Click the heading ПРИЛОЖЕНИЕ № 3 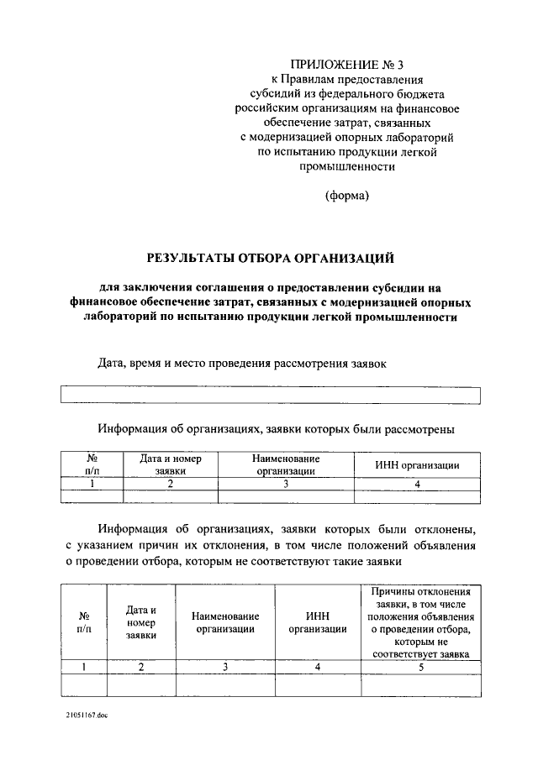[x=346, y=65]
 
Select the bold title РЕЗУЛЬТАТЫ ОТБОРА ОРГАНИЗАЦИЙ [x=270, y=257]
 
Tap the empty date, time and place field [x=270, y=396]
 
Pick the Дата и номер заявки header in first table [x=170, y=465]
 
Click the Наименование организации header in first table [x=286, y=465]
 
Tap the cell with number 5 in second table [x=420, y=667]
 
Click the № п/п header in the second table [x=83, y=622]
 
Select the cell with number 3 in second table [x=225, y=667]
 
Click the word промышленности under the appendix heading [x=346, y=166]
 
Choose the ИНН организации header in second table [x=318, y=622]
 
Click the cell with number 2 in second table [x=141, y=667]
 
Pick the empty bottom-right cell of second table [x=420, y=685]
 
